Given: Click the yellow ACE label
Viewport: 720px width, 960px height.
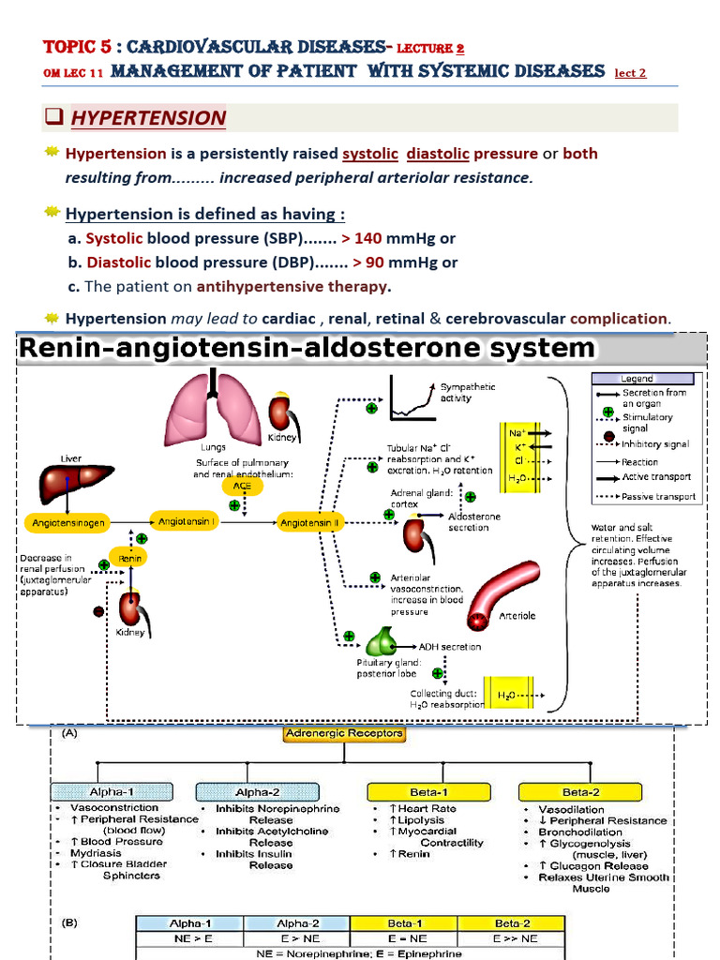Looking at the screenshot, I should [x=236, y=486].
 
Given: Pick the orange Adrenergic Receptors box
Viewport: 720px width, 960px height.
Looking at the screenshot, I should [x=344, y=734].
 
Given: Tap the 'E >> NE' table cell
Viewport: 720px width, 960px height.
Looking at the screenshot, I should [x=517, y=937].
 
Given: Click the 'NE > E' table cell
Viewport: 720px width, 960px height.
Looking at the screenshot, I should [x=189, y=937].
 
